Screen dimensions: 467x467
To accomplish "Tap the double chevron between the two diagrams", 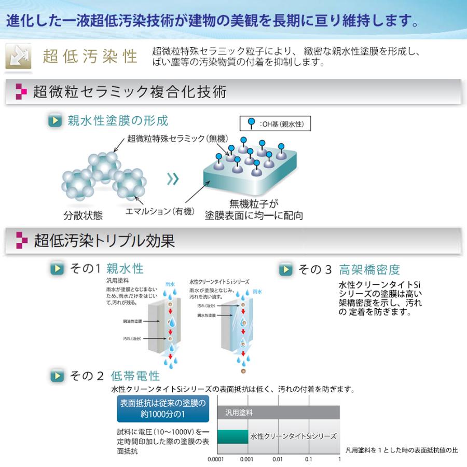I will (x=173, y=180).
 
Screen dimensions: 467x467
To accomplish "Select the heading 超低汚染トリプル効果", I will (x=104, y=241).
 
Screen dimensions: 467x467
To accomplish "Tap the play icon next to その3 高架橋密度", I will (x=285, y=270).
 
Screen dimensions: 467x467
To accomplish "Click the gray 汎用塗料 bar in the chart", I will (x=279, y=413).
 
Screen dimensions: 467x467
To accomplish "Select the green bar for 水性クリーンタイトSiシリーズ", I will (x=232, y=436).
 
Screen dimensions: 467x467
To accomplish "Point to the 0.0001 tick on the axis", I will (x=216, y=460).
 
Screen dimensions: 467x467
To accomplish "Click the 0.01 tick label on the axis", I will (x=278, y=460).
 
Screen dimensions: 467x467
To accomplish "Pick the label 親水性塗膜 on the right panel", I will (x=207, y=315).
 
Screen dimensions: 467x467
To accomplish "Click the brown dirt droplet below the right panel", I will (x=243, y=372).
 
